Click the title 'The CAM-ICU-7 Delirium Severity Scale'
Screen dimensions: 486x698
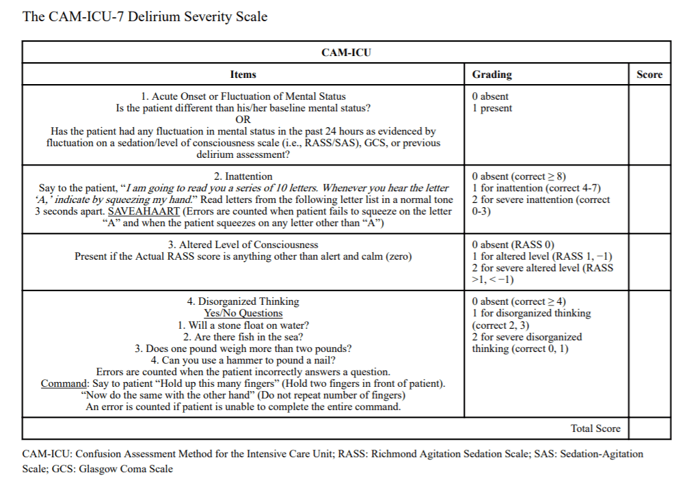coord(145,16)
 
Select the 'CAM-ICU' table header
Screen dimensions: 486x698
coord(346,53)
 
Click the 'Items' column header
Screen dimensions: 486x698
coord(243,75)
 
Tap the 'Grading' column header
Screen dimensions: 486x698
coord(492,75)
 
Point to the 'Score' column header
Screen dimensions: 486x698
coord(649,75)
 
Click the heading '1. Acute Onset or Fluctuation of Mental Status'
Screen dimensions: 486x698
coord(243,96)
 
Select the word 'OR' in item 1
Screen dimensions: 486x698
coord(243,120)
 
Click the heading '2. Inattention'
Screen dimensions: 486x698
coord(243,176)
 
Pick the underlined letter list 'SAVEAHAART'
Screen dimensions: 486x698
coord(144,211)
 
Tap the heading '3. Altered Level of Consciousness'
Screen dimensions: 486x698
coord(243,245)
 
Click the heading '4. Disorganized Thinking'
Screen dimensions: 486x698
coord(243,301)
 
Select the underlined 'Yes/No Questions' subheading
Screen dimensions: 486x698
coord(243,313)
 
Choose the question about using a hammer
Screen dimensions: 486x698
coord(243,360)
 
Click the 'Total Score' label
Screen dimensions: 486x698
coord(595,429)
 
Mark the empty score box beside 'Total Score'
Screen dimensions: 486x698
coord(649,429)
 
